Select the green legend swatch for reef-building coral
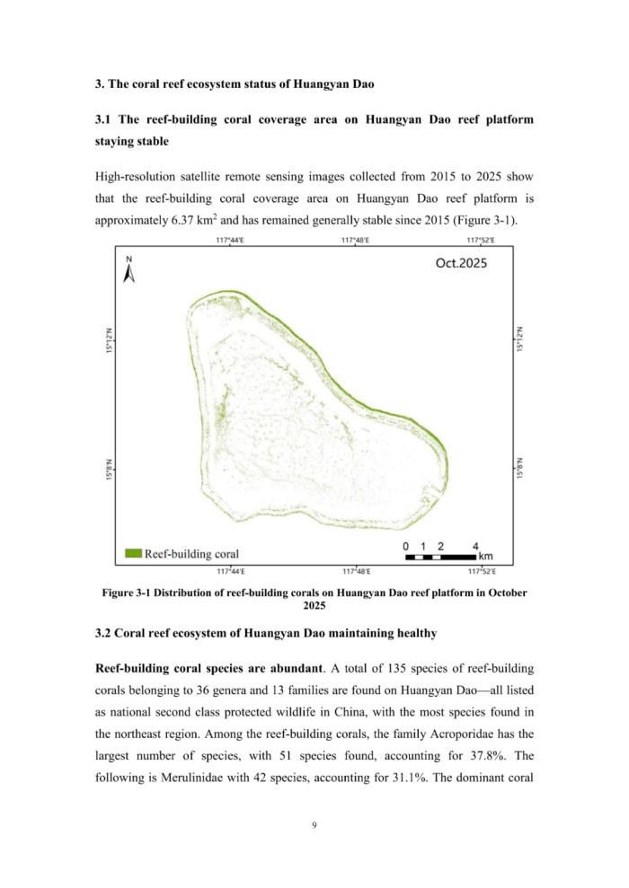point(133,553)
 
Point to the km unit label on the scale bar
point(486,557)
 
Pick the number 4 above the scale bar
point(474,546)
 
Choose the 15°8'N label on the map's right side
point(519,467)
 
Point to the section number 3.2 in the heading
point(105,633)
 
